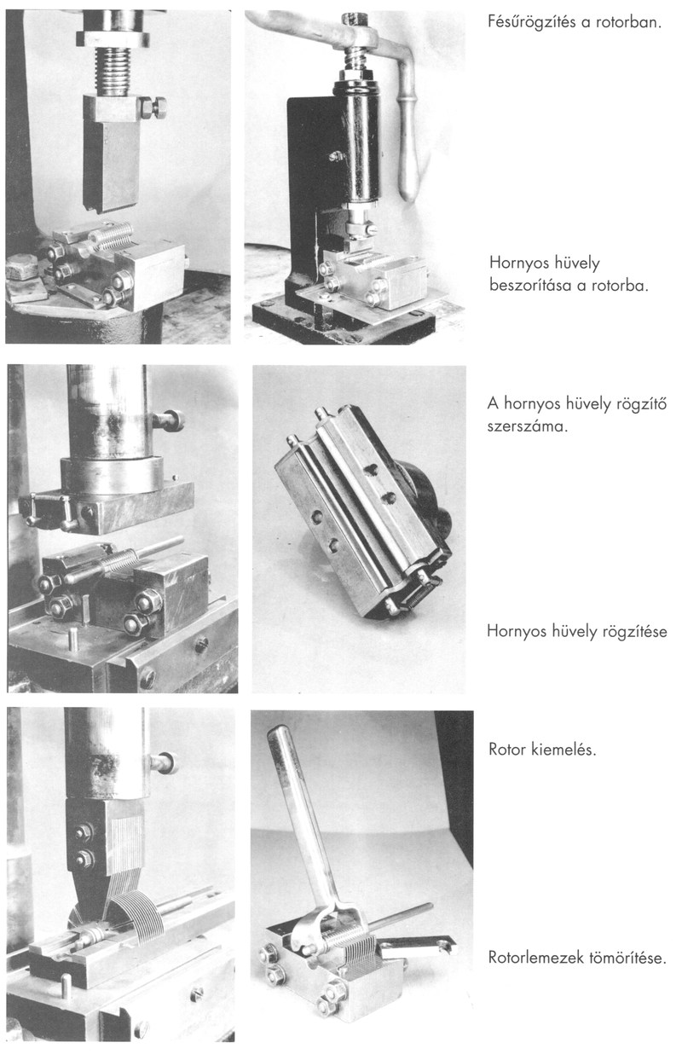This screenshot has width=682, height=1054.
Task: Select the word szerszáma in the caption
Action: pos(527,427)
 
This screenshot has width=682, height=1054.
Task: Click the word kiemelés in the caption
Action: pos(564,749)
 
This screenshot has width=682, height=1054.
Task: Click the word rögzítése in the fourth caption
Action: pos(636,631)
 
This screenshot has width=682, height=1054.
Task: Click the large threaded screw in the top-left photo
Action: pos(113,71)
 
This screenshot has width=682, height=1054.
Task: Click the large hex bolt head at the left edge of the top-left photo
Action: pos(22,267)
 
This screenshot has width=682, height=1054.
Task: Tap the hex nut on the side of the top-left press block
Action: pos(153,108)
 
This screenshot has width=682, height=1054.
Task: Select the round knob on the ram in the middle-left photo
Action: pos(175,420)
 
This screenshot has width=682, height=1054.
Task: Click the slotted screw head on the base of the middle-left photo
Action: pos(202,645)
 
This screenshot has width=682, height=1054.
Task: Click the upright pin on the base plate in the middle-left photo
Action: pos(74,636)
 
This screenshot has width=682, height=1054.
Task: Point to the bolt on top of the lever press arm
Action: pos(355,20)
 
